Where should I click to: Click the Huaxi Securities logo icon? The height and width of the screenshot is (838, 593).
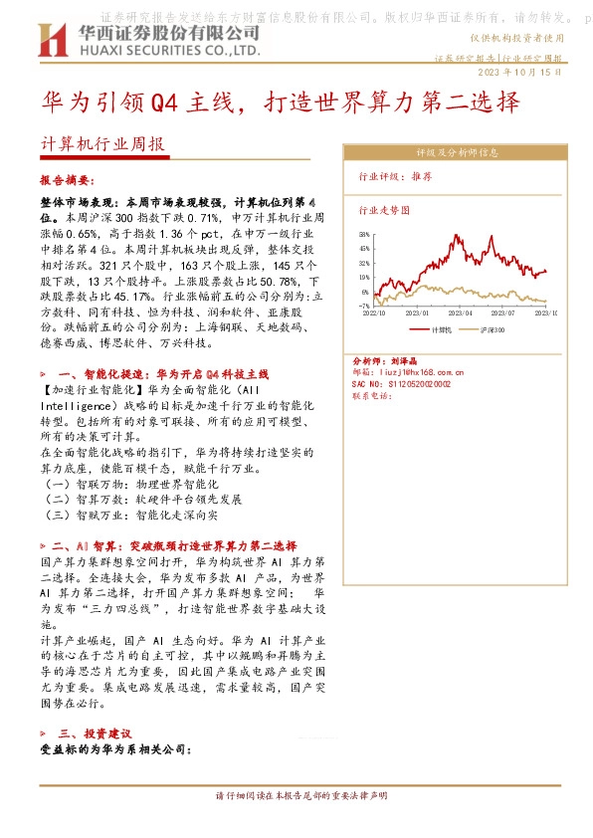50,41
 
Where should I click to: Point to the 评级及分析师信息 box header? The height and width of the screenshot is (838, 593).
457,153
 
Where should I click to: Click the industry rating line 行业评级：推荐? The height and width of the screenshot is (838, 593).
395,175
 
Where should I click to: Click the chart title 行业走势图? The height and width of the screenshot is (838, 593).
384,211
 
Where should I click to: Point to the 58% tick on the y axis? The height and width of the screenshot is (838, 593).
365,234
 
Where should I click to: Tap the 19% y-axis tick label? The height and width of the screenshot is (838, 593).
365,278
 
